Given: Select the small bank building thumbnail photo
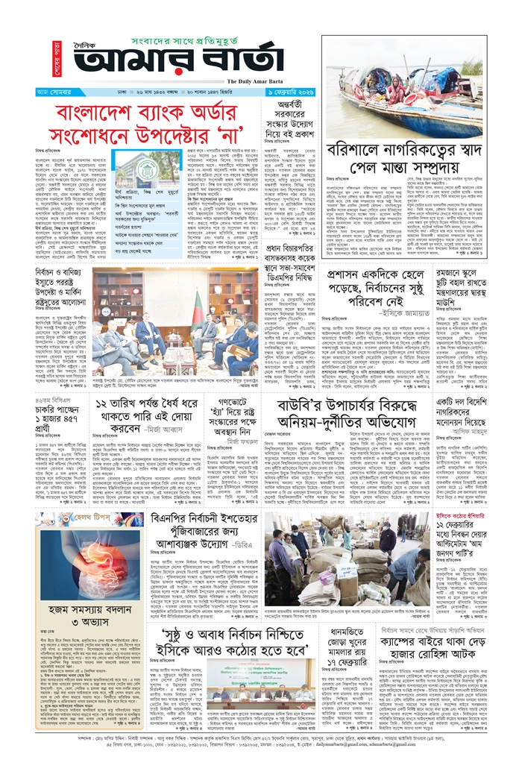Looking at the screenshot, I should pyautogui.click(x=133, y=171).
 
